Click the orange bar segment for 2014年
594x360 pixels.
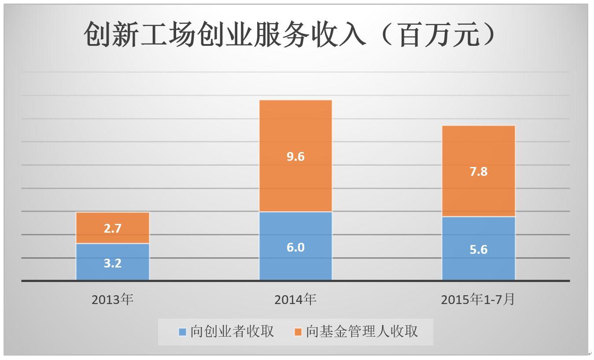295,132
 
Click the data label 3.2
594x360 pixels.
112,263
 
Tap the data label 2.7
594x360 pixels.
112,228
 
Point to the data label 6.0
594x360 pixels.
295,247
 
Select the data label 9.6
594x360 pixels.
295,156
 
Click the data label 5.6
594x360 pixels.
479,249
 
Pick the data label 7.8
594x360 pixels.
479,171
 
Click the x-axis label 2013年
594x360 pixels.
112,300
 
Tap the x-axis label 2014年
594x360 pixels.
295,300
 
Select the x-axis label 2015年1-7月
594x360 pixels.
478,300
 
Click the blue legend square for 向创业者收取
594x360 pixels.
182,332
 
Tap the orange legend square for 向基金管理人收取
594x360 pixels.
298,332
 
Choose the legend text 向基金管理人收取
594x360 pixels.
362,331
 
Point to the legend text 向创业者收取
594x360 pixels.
232,331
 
